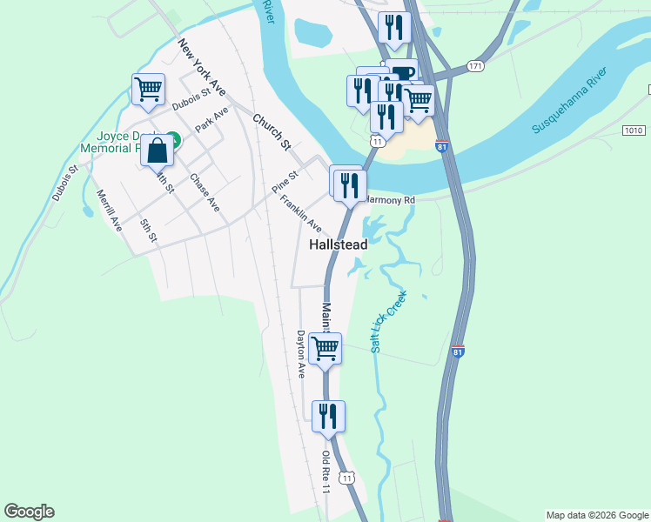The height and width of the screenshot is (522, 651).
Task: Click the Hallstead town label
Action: tap(339, 245)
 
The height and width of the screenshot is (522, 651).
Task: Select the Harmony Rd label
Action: tap(391, 200)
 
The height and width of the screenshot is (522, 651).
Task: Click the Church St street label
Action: tap(271, 130)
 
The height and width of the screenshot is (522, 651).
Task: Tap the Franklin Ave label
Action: tap(300, 212)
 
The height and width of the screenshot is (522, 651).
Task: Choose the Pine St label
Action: tap(285, 182)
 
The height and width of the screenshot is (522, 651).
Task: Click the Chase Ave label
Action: tap(205, 193)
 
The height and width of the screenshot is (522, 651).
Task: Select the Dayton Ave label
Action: tap(301, 353)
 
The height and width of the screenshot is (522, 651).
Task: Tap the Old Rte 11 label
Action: tap(326, 472)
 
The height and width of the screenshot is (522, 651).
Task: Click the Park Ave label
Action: tap(211, 119)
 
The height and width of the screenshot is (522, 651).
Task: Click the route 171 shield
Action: tap(475, 66)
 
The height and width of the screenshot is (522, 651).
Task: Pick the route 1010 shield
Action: tap(634, 130)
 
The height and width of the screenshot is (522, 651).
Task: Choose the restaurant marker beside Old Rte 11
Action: tap(328, 415)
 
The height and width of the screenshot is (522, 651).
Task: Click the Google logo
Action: tap(29, 512)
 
